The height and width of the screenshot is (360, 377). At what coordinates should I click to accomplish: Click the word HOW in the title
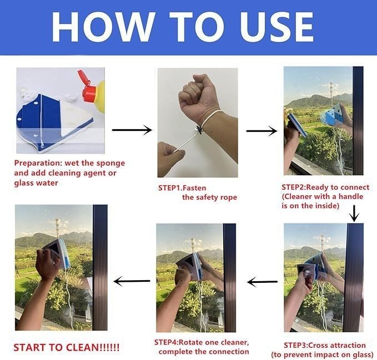click(103, 27)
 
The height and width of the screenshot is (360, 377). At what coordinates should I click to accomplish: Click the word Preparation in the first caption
click(37, 163)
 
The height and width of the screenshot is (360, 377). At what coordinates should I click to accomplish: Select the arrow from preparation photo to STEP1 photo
click(132, 130)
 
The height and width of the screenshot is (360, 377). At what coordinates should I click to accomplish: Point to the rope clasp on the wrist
click(199, 130)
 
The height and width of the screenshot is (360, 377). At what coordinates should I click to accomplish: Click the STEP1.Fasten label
click(182, 188)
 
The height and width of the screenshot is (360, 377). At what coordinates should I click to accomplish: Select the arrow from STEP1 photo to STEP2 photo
click(262, 131)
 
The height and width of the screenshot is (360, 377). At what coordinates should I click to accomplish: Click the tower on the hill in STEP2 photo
click(331, 93)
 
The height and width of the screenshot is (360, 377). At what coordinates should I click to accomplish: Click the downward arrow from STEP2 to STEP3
click(354, 214)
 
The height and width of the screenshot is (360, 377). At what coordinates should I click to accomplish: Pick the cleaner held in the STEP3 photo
click(310, 270)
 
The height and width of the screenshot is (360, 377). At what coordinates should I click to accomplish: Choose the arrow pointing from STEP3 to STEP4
click(262, 282)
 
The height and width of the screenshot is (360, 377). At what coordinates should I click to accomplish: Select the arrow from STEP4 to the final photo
click(132, 281)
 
